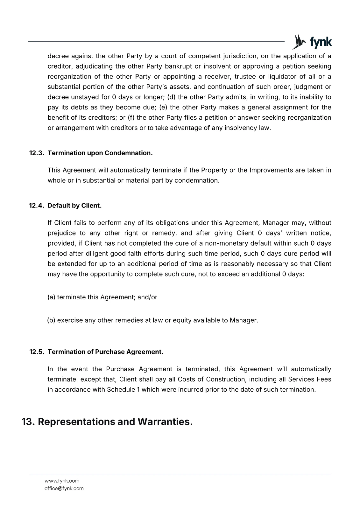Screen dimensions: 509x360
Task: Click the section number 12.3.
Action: click(x=37, y=153)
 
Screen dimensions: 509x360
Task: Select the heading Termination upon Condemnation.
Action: click(x=100, y=153)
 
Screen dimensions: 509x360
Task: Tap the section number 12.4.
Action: click(x=37, y=206)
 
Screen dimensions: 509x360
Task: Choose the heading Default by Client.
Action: click(x=74, y=206)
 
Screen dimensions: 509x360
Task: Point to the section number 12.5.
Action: click(x=37, y=352)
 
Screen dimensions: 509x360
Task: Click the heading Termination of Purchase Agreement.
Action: click(x=105, y=352)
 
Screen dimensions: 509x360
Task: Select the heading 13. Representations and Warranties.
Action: click(x=107, y=422)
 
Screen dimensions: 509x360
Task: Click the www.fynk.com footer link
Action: click(x=62, y=481)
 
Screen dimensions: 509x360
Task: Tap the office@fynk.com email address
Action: click(x=64, y=488)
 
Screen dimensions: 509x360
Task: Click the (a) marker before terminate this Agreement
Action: click(x=51, y=297)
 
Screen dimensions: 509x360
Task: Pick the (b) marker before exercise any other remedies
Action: click(x=51, y=320)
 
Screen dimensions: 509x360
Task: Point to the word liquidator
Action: click(x=281, y=77)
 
